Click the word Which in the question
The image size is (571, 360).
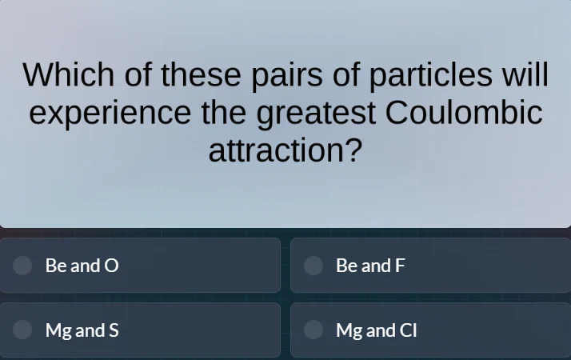pyautogui.click(x=68, y=76)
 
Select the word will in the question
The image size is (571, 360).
pyautogui.click(x=525, y=76)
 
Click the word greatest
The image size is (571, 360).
pyautogui.click(x=316, y=114)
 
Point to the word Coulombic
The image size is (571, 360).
pyautogui.click(x=464, y=114)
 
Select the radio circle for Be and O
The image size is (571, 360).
pyautogui.click(x=23, y=266)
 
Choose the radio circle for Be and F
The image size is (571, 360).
pyautogui.click(x=313, y=266)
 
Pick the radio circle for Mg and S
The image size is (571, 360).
pyautogui.click(x=23, y=330)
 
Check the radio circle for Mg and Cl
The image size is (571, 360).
pyautogui.click(x=313, y=330)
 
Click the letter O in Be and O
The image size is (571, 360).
pyautogui.click(x=112, y=266)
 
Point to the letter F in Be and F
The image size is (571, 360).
pyautogui.click(x=401, y=266)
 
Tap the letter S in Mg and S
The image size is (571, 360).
pyautogui.click(x=114, y=330)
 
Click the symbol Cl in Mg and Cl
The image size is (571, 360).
pyautogui.click(x=408, y=330)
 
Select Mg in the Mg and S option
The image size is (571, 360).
pyautogui.click(x=58, y=330)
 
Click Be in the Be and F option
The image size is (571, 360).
pyautogui.click(x=347, y=266)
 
